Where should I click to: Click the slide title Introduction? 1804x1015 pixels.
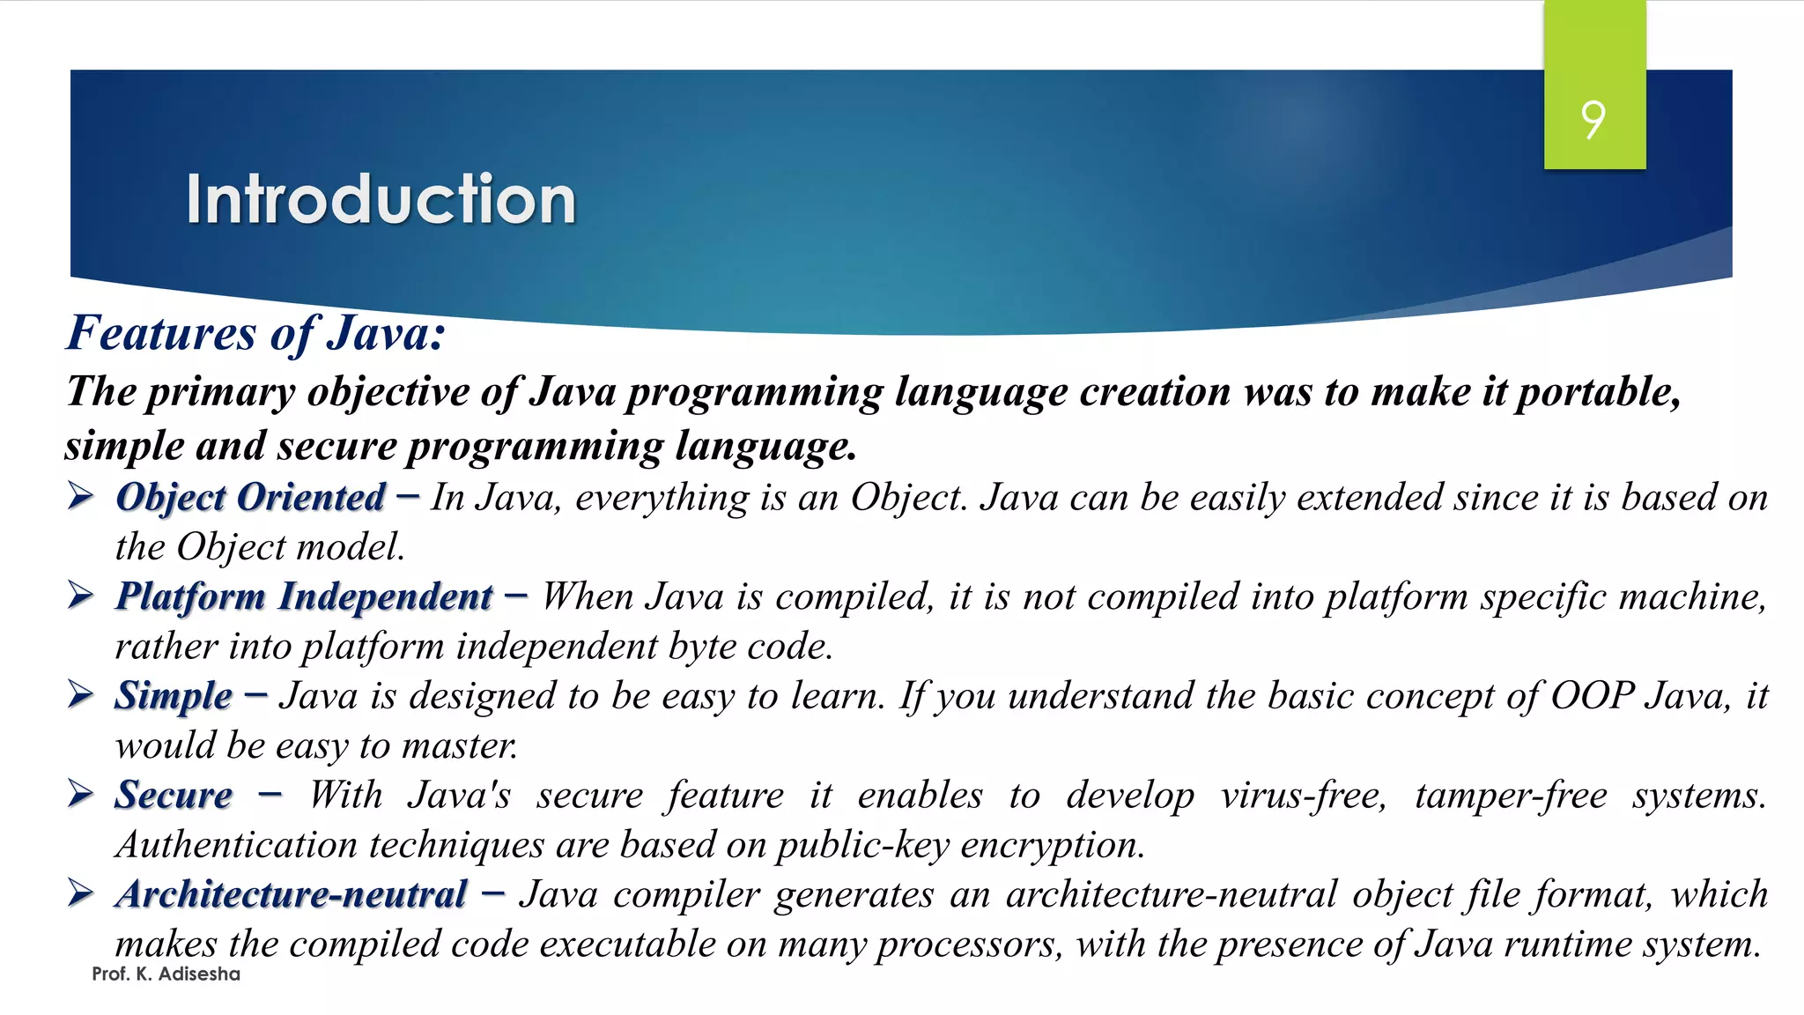381,199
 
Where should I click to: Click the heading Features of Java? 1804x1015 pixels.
255,334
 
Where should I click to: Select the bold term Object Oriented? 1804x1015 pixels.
250,498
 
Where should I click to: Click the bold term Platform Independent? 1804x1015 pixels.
304,597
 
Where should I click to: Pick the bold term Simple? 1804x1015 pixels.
174,696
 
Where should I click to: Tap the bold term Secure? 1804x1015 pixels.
174,796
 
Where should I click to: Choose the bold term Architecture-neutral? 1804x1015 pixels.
292,895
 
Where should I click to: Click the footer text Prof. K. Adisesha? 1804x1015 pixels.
166,974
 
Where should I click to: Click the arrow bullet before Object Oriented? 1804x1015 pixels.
81,497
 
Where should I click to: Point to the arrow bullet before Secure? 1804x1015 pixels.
81,795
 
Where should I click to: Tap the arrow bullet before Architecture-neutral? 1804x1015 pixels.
81,894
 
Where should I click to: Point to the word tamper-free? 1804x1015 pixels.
1511,796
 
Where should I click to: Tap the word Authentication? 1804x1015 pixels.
236,846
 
